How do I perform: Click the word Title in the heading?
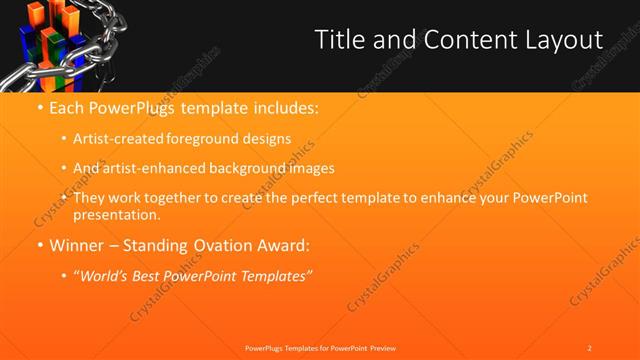(x=340, y=40)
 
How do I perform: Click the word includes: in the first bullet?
(x=282, y=106)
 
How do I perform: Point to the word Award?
(x=283, y=244)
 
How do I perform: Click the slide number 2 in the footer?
(x=589, y=347)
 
